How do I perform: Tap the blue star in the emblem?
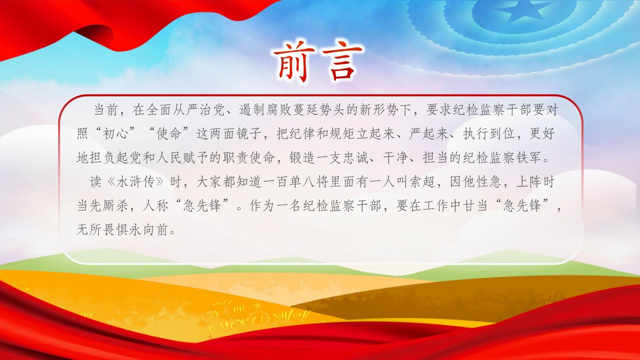(x=519, y=11)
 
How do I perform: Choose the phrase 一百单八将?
(x=296, y=181)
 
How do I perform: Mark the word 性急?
(x=489, y=181)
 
